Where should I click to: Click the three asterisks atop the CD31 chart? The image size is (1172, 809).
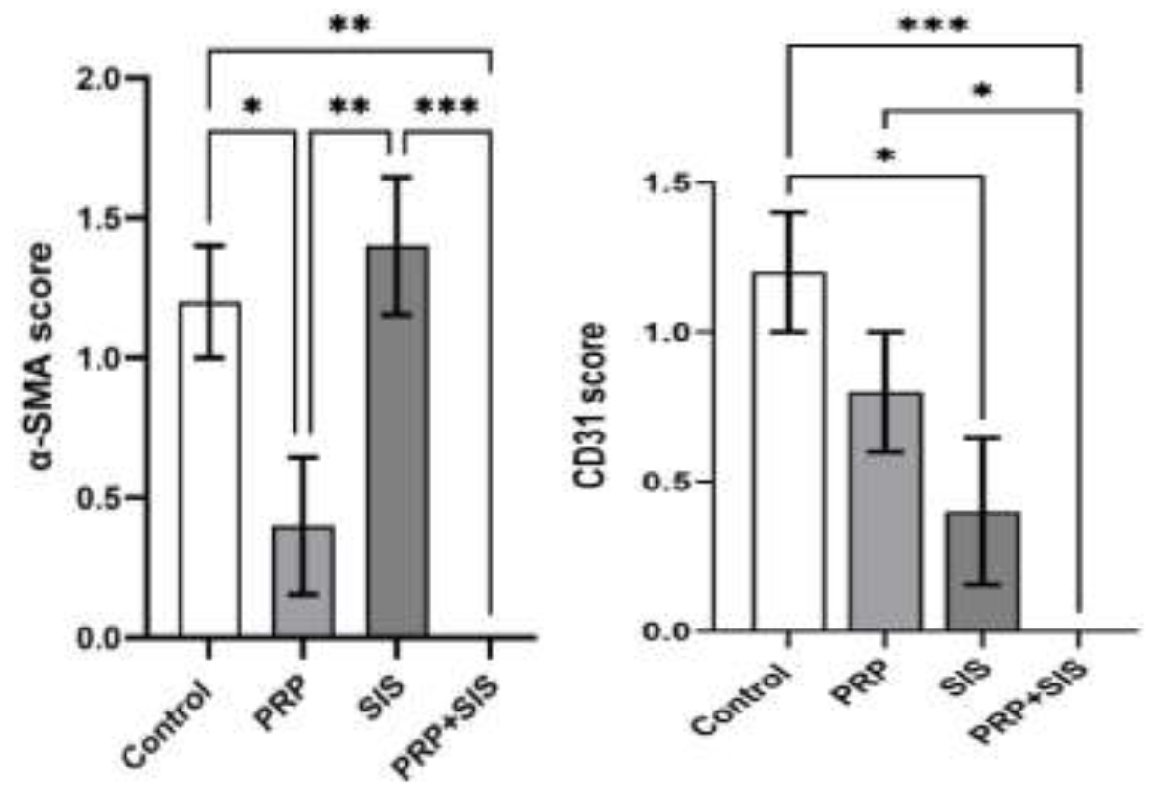pyautogui.click(x=932, y=26)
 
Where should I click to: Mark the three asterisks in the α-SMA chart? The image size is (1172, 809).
pyautogui.click(x=445, y=105)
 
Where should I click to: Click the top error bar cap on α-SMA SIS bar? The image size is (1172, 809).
pyautogui.click(x=397, y=177)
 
